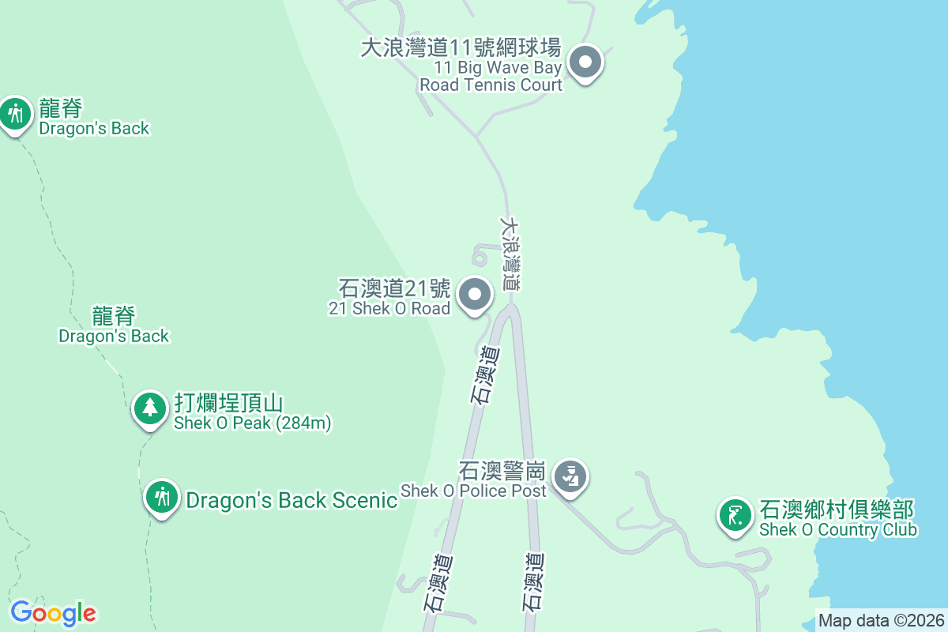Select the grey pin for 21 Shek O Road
475,295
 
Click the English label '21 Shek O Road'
389,309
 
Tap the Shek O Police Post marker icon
570,476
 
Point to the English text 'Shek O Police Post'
472,491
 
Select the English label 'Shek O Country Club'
837,530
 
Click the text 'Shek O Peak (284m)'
252,423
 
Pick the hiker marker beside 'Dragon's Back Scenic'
162,498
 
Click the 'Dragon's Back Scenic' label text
291,500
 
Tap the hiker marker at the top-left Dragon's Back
15,114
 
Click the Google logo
53,613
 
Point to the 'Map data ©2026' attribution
881,621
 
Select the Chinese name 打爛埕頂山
228,403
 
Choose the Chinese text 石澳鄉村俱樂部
837,510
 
